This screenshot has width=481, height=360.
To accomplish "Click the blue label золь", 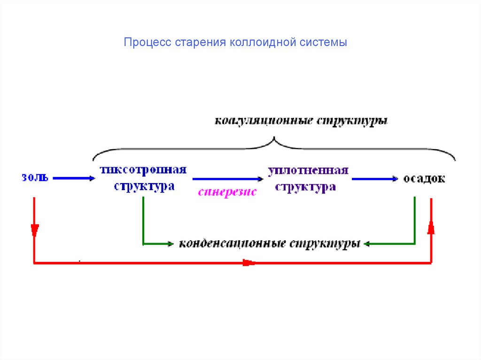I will point(34,178).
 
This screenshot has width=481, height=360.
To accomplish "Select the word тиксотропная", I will point(143,169).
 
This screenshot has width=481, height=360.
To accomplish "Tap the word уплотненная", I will point(308,170).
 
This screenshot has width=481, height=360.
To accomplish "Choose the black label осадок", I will point(424,179).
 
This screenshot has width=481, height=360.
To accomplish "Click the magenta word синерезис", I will point(227,192).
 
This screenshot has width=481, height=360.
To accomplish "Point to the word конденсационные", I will point(232,244).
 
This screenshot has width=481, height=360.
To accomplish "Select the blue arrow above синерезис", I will point(228,179).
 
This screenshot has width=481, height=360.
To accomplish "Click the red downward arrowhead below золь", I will point(34,230).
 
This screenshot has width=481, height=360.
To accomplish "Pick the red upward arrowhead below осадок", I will point(431,228).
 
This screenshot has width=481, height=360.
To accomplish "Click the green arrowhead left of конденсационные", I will point(169,244).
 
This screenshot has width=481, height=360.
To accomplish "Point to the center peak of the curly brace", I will point(273,139).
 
